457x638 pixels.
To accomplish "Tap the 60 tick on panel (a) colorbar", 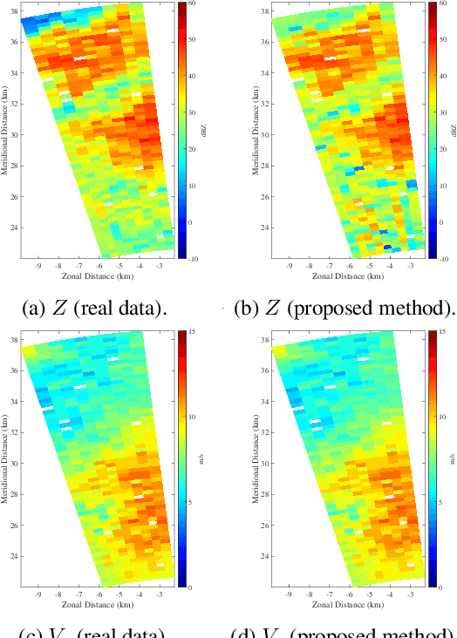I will click(x=191, y=4).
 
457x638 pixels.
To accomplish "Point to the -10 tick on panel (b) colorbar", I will click(x=442, y=259).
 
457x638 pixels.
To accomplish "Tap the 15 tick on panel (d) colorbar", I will click(x=442, y=332).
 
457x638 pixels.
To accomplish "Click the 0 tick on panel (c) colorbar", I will click(x=190, y=587).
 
